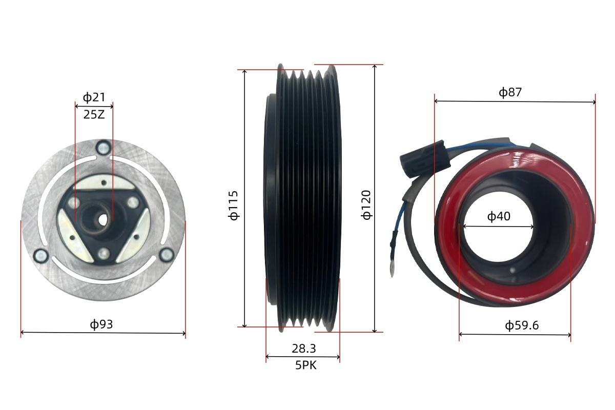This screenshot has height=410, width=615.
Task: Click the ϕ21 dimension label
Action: coord(94,97)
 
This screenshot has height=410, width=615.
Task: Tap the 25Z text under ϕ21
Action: coord(94,114)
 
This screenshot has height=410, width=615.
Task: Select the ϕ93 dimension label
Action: coord(101,324)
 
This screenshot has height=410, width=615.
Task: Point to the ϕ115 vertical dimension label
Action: coord(233,206)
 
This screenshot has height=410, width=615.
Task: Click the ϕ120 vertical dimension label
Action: coord(366,205)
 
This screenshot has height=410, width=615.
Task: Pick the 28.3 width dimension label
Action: coord(303,348)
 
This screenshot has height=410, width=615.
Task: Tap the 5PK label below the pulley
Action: coord(305,365)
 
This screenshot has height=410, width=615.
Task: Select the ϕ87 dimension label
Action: coord(510,92)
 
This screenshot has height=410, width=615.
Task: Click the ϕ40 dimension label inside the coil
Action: coord(499,216)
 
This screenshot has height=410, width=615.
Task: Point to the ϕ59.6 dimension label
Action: coord(522,325)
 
